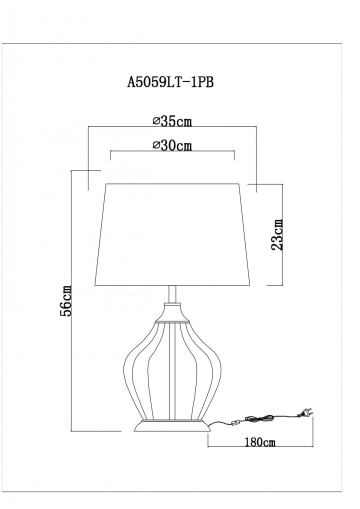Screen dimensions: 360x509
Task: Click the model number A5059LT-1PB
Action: click(x=170, y=82)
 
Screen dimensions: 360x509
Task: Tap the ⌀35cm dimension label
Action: click(x=172, y=121)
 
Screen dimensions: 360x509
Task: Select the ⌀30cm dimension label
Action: click(x=172, y=145)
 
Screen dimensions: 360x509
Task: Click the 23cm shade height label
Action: click(x=276, y=234)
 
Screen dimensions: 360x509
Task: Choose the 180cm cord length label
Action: click(x=260, y=442)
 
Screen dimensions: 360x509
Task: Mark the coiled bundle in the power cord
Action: click(x=259, y=418)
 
